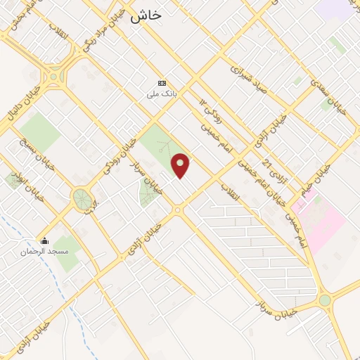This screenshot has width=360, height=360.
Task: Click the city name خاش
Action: pyautogui.click(x=145, y=14)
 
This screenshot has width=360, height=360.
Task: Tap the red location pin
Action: pyautogui.click(x=181, y=165)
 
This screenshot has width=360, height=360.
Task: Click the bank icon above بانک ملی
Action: pyautogui.click(x=162, y=82)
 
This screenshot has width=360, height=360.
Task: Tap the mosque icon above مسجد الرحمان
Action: pyautogui.click(x=44, y=240)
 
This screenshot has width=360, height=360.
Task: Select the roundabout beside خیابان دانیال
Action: pyautogui.click(x=56, y=75)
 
